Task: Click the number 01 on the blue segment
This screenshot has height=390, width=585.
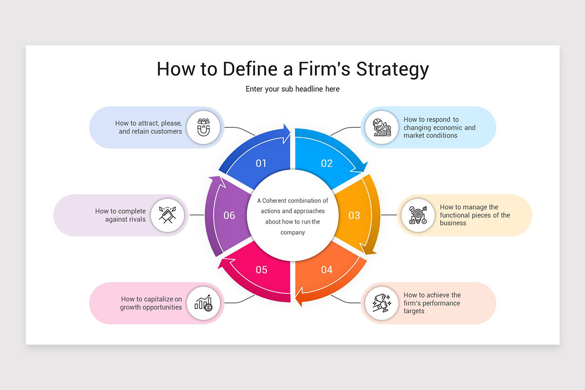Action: (x=261, y=163)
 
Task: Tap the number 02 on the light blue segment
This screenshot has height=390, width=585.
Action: (x=327, y=163)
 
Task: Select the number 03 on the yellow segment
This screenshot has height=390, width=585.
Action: (x=354, y=215)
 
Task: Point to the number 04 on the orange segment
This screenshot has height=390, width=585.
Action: (x=327, y=270)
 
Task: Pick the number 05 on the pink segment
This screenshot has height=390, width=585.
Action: (x=261, y=270)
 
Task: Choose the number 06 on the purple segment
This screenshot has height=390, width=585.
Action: (x=229, y=215)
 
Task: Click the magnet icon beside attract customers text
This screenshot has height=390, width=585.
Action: (x=203, y=127)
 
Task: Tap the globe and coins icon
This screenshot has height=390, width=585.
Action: (x=382, y=127)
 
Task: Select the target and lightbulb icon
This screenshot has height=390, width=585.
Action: (x=418, y=215)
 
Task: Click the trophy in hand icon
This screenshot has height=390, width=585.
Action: (x=382, y=303)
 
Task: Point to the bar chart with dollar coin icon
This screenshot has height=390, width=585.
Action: (x=203, y=303)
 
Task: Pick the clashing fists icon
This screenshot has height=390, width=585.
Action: (x=167, y=215)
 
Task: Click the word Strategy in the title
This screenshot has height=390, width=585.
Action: (x=392, y=69)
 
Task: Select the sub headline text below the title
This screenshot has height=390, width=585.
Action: (x=292, y=89)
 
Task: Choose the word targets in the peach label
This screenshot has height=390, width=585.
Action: (x=414, y=311)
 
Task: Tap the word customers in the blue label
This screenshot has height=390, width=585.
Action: (x=165, y=131)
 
